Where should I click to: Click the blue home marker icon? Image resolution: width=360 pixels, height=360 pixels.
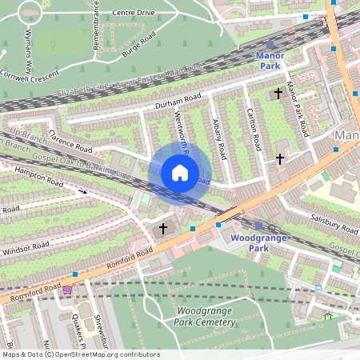[x=180, y=173]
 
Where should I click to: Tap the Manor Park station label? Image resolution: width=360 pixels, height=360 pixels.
[x=270, y=61]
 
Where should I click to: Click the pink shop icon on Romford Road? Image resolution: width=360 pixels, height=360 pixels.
[x=67, y=290]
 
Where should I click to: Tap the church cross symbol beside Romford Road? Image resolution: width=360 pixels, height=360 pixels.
[x=163, y=229]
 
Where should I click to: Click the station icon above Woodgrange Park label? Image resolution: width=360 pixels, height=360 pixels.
[x=259, y=226]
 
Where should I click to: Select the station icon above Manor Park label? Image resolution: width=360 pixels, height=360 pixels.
[x=270, y=45]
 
